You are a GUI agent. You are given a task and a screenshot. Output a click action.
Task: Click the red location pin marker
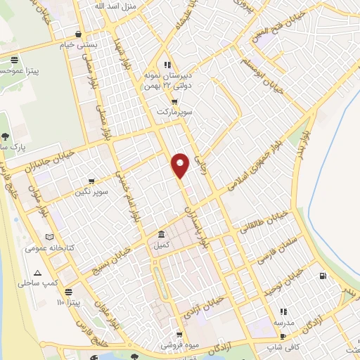(x=181, y=165)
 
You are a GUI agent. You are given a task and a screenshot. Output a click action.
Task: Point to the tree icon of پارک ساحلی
(x=6, y=136)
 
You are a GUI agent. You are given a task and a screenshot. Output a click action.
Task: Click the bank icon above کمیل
(x=162, y=234)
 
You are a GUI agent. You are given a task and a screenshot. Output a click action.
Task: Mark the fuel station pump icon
(x=322, y=276)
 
